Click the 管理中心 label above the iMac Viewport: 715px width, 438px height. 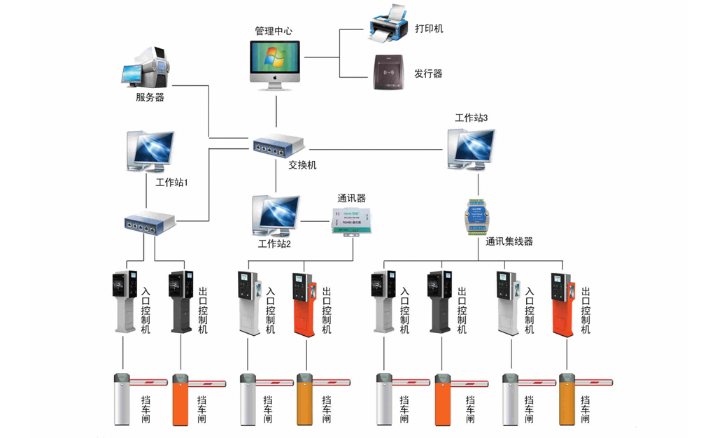(x=274, y=31)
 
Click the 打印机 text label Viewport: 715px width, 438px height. (x=429, y=29)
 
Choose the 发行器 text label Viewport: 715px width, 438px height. (x=428, y=73)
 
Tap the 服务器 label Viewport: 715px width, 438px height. (x=150, y=97)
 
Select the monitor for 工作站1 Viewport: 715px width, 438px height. (x=150, y=150)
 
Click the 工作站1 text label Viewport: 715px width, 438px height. (x=171, y=182)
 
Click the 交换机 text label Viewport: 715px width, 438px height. (x=302, y=165)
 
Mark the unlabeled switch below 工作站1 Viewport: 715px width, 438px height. (x=150, y=223)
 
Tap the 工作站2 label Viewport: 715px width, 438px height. (x=274, y=244)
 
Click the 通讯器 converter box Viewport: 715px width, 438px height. (x=353, y=219)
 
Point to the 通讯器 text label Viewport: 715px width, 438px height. (x=351, y=198)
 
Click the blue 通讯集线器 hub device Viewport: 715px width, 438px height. (x=477, y=215)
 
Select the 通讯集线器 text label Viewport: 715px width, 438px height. (x=509, y=241)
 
